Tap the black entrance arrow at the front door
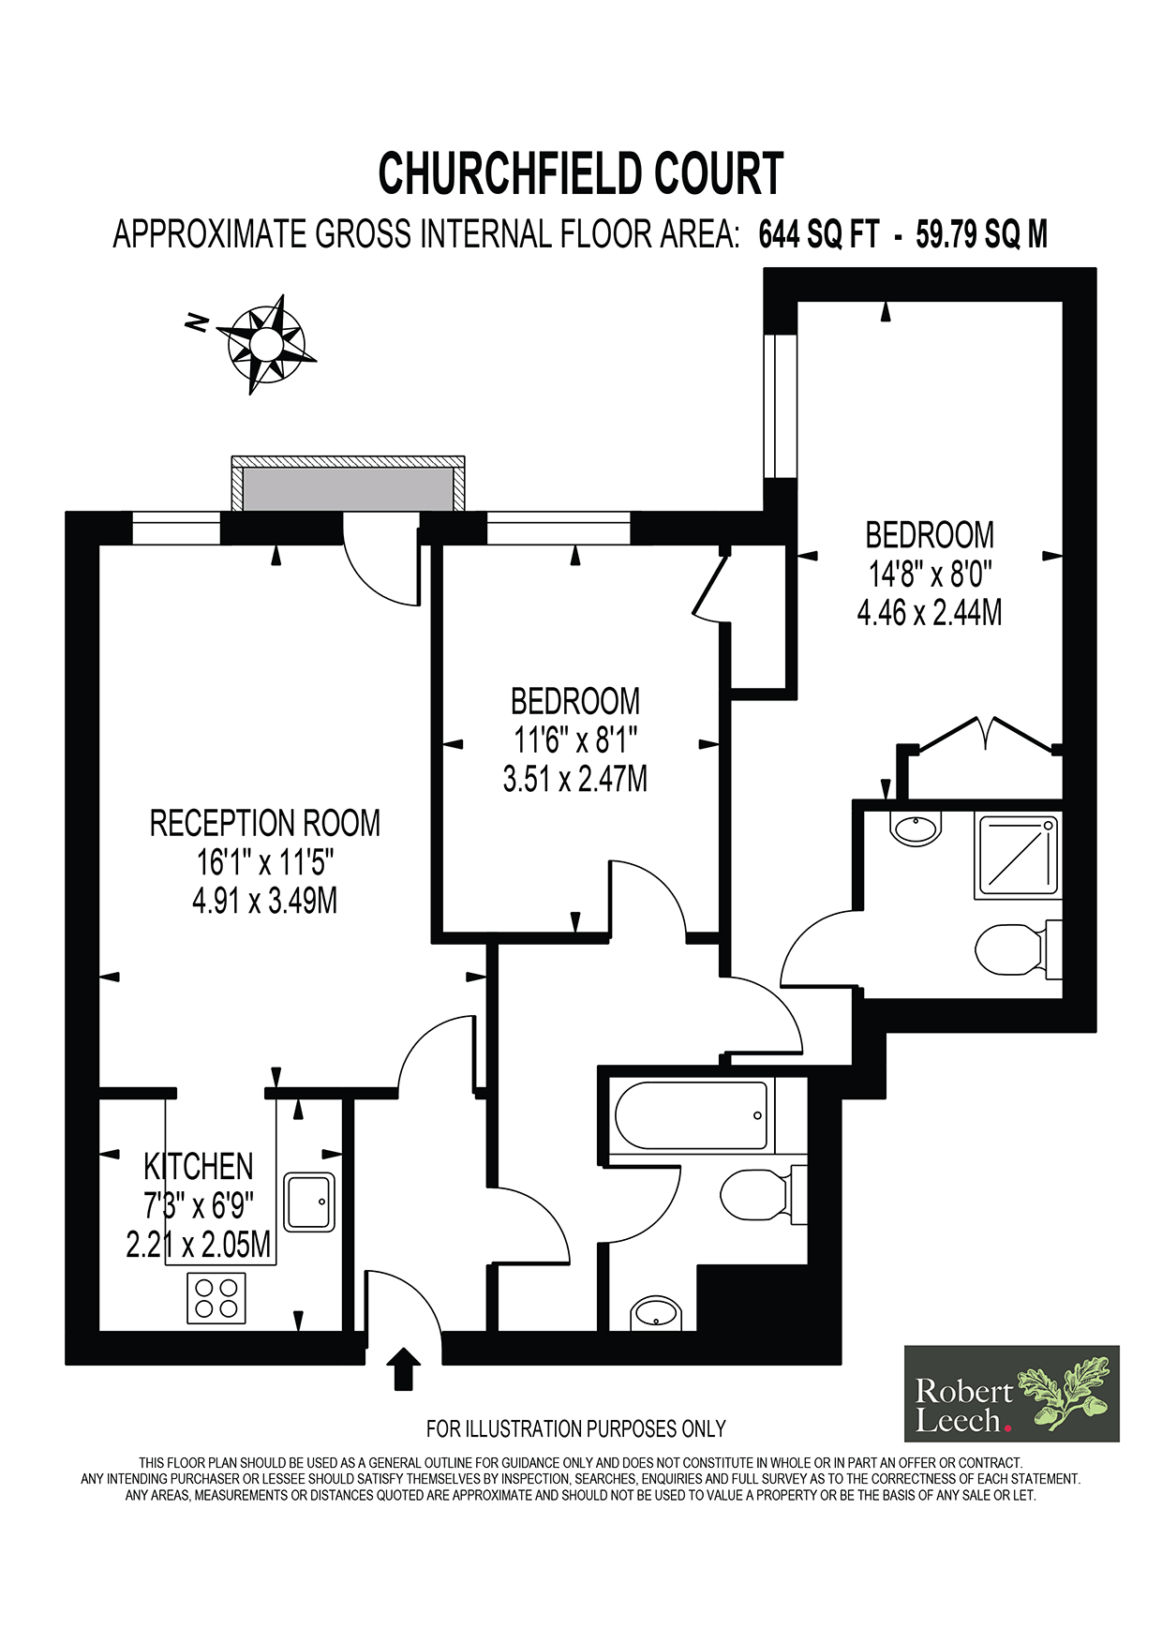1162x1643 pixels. coord(403,1368)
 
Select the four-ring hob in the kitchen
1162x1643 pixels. coord(216,1298)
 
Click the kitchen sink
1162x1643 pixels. coord(310,1202)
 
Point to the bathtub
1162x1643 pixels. coord(693,1115)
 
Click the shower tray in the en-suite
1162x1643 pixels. coord(1017,856)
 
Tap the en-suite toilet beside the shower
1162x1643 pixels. coord(1018,948)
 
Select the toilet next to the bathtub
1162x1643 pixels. coord(763,1194)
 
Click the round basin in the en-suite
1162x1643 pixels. coord(916,829)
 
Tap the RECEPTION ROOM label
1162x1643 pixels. coord(265,823)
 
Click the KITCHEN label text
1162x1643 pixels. coord(199,1167)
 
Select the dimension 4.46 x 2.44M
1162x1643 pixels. coord(930,612)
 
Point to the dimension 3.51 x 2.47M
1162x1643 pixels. coord(575,778)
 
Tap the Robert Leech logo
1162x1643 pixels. coord(1012,1394)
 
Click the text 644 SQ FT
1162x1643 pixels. coord(819,233)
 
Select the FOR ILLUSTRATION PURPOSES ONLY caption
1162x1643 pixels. coord(576,1428)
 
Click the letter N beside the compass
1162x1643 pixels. coord(197,323)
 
